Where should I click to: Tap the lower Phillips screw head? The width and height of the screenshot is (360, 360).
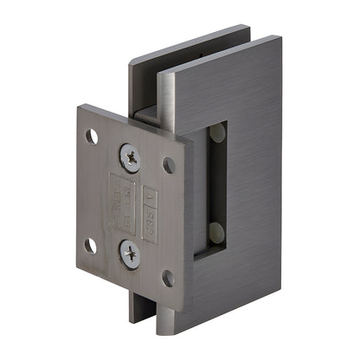129,252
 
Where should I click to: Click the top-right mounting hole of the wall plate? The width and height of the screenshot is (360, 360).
169,164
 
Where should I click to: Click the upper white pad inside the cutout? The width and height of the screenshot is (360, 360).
215,133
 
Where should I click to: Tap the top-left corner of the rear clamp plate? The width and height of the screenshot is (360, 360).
130,62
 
